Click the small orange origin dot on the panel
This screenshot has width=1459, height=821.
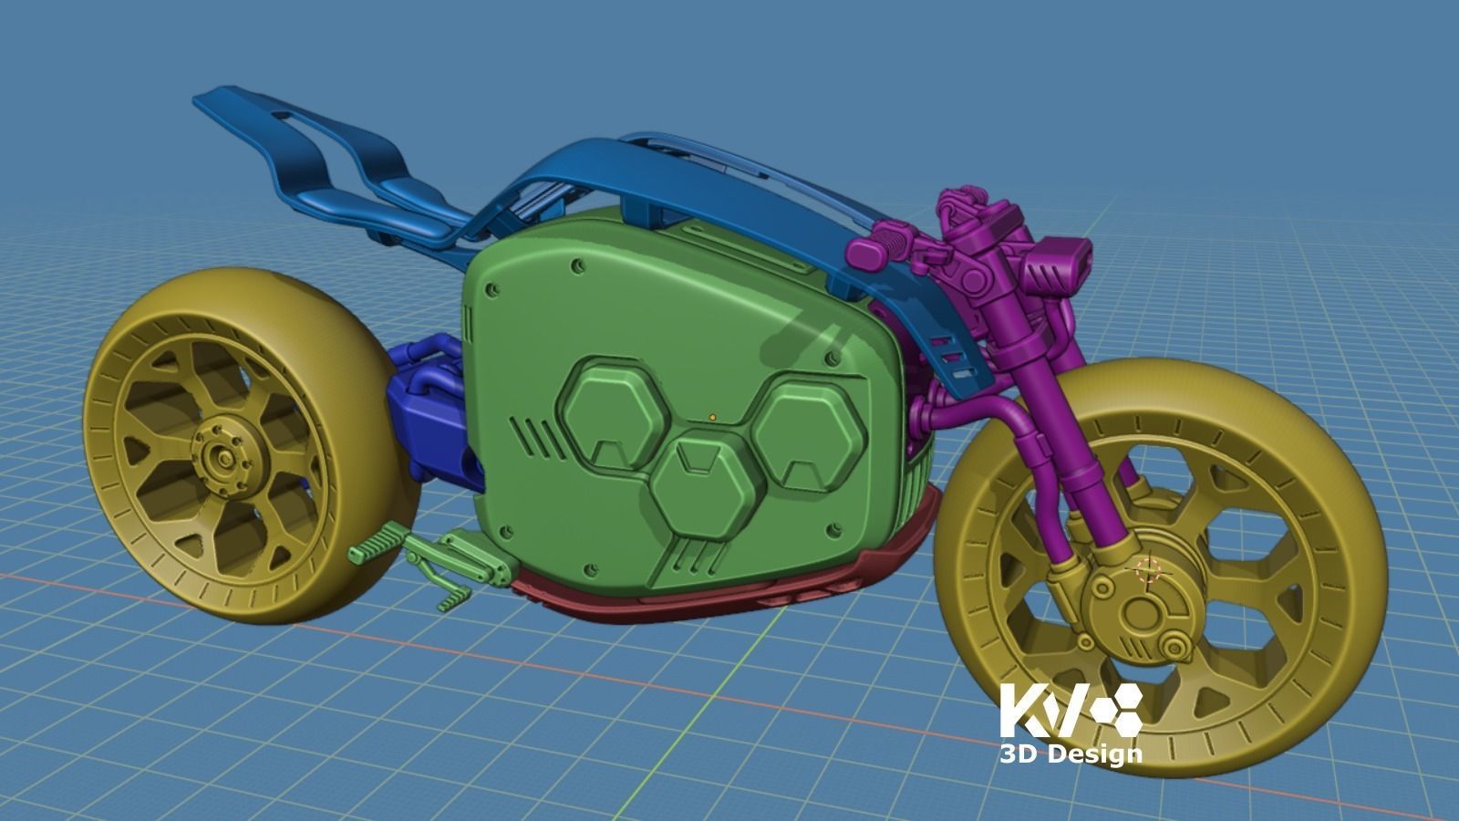[712, 418]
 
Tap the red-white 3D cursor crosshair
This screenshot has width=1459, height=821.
[1147, 570]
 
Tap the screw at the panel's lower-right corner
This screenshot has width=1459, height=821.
[831, 528]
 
